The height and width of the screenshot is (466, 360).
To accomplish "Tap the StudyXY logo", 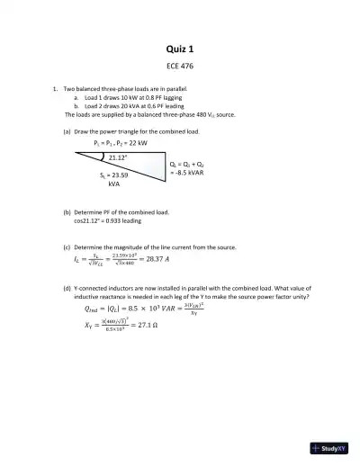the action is pos(328,448).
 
